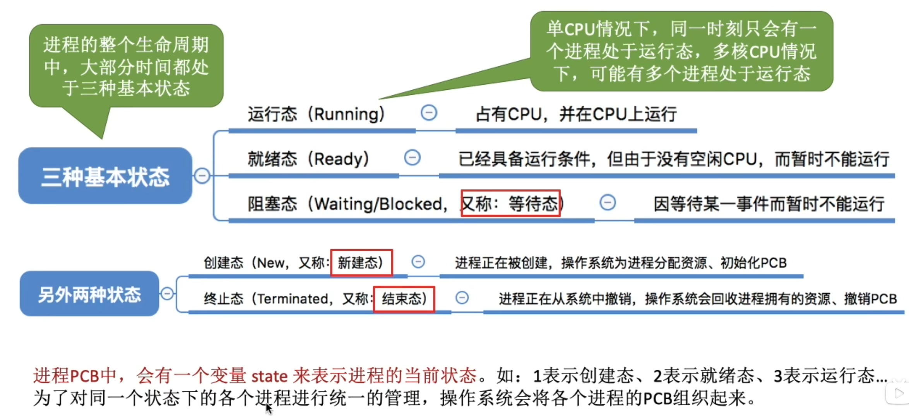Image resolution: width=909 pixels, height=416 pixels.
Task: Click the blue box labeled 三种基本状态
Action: coord(105,176)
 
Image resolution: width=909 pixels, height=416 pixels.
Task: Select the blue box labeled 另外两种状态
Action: coord(89,294)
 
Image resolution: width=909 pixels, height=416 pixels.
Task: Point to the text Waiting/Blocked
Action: coord(378,204)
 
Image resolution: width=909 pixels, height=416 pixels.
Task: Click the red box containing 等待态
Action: coord(510,203)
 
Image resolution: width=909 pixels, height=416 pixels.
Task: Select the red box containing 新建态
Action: coord(361,263)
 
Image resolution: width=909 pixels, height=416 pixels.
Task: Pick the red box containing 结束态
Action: coord(404,299)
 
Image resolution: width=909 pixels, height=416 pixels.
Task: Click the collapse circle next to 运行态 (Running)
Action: coord(429,113)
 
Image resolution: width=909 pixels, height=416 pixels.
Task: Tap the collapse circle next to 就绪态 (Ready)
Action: coord(412,158)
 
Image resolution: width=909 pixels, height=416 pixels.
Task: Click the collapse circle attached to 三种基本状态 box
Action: coord(202,176)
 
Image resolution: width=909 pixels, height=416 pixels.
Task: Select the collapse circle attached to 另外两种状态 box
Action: coord(167,293)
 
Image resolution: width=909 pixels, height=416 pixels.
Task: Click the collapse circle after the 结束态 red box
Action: coord(462,298)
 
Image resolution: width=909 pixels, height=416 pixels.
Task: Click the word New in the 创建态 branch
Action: coord(271,263)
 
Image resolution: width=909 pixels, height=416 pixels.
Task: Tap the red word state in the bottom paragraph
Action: coord(269,376)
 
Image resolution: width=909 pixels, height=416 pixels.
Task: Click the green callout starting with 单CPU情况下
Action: coord(681,51)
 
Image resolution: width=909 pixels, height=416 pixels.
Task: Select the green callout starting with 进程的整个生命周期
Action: coord(126,66)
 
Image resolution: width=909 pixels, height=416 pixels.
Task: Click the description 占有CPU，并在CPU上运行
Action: coord(576,114)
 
